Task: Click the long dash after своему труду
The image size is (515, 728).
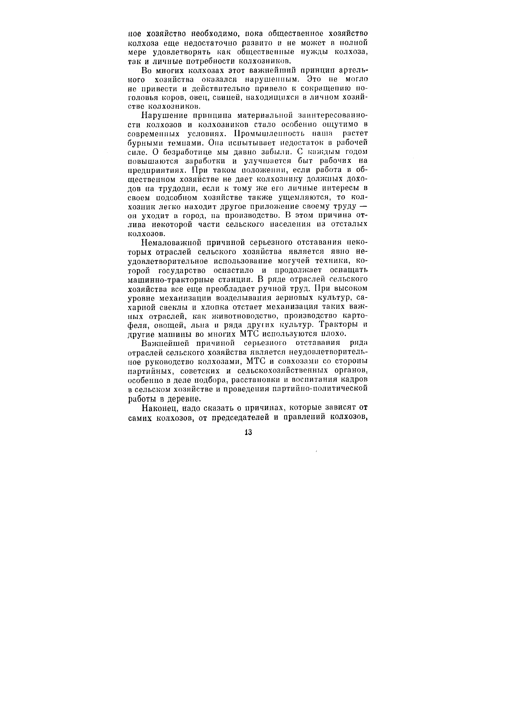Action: (x=364, y=207)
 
